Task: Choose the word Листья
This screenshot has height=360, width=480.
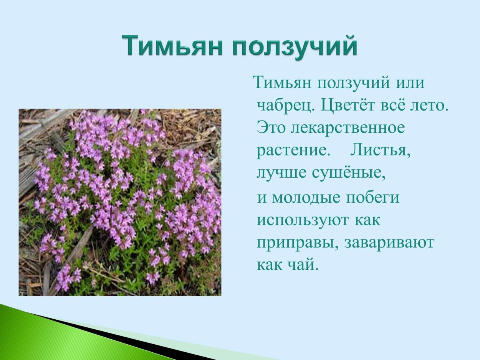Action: click(x=380, y=150)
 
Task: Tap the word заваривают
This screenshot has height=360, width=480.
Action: click(x=389, y=243)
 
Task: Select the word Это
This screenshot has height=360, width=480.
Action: click(x=271, y=127)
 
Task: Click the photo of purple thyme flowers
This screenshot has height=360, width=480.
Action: click(x=120, y=202)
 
